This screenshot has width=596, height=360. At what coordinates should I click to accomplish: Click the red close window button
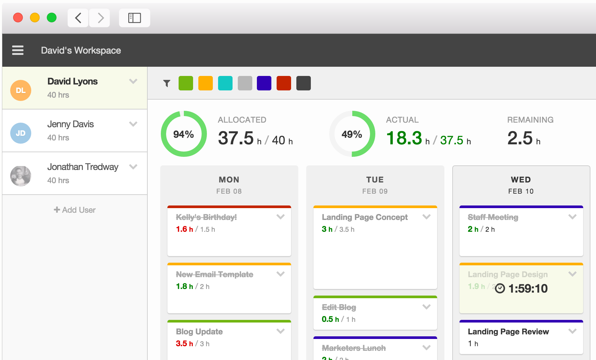18,17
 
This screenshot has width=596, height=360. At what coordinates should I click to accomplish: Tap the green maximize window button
52,17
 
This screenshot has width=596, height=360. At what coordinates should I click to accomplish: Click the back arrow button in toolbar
78,18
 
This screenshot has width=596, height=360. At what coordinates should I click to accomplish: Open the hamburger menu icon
18,50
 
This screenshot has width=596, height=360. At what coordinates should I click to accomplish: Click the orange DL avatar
21,90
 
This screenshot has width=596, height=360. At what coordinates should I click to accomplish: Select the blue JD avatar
21,133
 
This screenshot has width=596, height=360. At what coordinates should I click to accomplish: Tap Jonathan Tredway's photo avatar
21,176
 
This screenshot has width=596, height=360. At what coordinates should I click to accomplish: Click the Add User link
75,210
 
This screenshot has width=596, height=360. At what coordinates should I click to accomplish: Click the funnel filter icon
167,84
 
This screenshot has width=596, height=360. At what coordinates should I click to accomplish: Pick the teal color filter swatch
225,83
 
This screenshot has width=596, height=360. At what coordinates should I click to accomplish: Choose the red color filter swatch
284,83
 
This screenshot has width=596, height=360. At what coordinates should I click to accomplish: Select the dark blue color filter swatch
264,83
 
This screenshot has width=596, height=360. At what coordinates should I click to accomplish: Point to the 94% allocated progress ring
184,134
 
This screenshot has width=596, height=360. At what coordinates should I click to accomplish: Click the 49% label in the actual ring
352,134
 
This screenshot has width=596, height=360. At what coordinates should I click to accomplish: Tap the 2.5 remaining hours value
520,138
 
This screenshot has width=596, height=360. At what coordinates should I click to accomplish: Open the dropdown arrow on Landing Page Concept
427,217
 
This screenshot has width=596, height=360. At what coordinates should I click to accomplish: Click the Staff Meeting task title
493,217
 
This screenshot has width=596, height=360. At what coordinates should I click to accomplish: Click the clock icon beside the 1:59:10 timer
500,288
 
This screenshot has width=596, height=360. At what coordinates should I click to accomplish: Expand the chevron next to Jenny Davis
133,124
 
